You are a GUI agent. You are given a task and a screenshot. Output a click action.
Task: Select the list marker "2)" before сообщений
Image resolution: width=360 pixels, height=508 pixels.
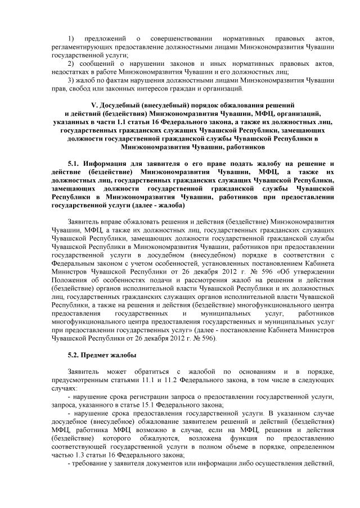70,64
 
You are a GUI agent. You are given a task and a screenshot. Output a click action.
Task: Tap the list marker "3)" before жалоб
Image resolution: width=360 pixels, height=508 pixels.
70,80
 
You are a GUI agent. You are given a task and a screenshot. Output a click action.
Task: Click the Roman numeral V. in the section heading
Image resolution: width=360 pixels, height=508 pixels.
94,106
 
